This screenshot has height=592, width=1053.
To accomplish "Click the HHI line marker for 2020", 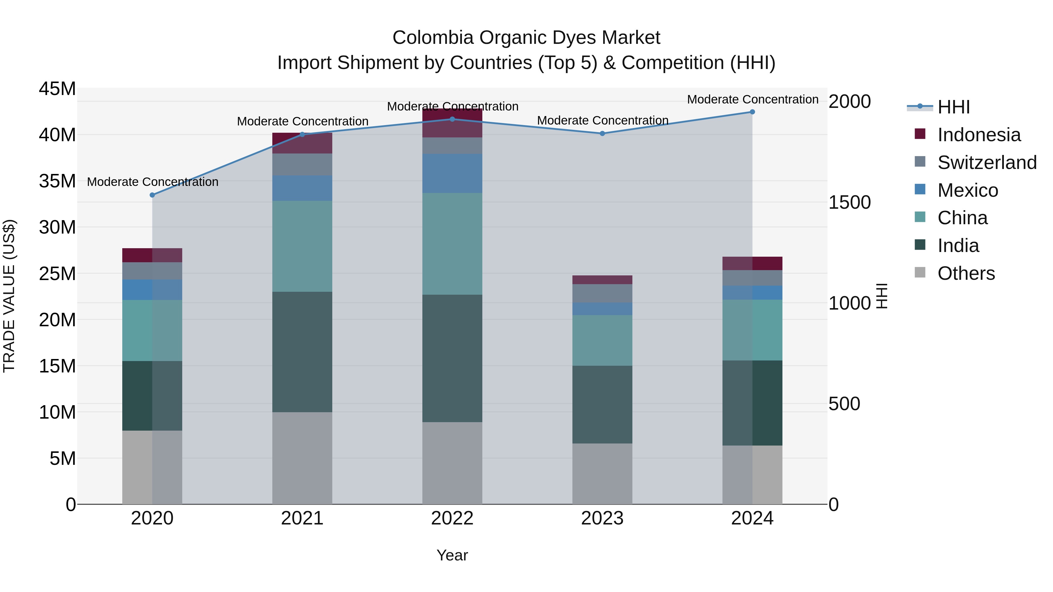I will click(x=152, y=195).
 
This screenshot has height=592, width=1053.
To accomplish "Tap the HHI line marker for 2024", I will click(x=752, y=112).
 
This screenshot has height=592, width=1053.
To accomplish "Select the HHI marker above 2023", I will click(x=602, y=134).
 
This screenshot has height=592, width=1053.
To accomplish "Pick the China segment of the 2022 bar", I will click(x=452, y=244).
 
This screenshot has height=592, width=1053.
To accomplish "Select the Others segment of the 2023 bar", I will click(x=602, y=474).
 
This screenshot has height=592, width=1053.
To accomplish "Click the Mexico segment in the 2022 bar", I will click(x=452, y=173).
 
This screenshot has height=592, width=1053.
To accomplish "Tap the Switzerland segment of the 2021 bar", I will click(x=302, y=165).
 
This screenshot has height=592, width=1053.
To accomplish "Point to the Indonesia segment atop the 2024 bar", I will click(x=752, y=263).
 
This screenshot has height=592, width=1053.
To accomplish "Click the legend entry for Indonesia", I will click(x=979, y=135).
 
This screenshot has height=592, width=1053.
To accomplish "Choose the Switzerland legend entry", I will click(x=987, y=163).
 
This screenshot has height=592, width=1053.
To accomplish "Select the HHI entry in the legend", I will click(x=953, y=107).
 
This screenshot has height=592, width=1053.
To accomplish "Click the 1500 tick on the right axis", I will click(x=849, y=202).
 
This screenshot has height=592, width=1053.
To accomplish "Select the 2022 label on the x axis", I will click(x=452, y=518).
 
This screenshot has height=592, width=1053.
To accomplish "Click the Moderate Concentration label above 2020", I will click(x=152, y=182).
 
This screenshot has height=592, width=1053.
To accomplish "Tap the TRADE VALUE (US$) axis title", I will click(x=9, y=296).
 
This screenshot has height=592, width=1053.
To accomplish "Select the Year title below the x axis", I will click(x=452, y=555).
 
